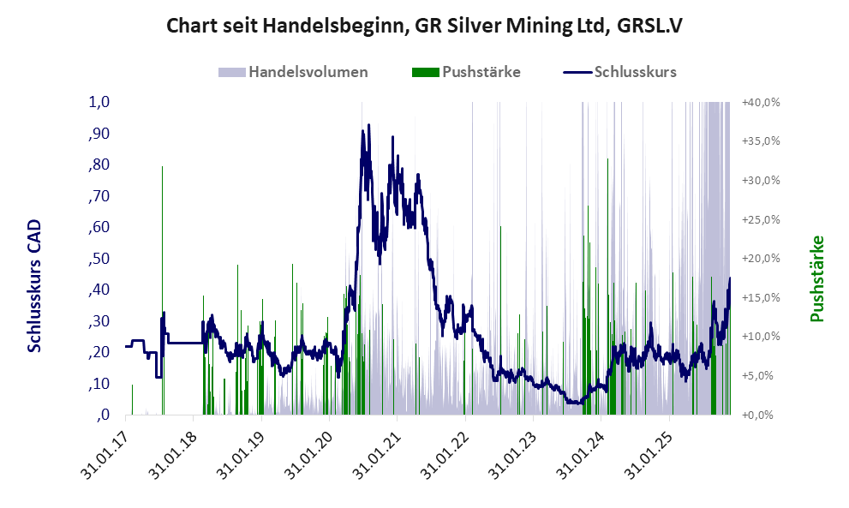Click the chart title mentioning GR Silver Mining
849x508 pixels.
click(x=424, y=27)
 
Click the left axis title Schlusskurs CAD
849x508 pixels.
click(x=35, y=285)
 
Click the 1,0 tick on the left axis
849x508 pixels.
click(x=99, y=102)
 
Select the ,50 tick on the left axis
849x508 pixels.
click(x=99, y=259)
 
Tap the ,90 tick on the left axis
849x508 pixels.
click(x=99, y=134)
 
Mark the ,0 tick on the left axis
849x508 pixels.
click(x=104, y=415)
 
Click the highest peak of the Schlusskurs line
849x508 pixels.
click(x=368, y=125)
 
